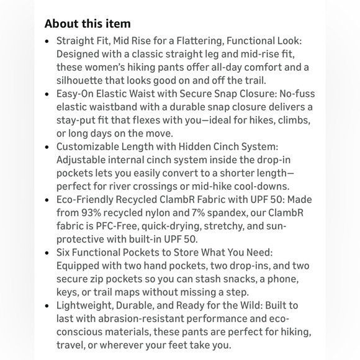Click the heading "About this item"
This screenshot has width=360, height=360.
coord(88,24)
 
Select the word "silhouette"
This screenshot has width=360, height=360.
coord(82,80)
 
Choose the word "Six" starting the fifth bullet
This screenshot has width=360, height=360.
coord(65,253)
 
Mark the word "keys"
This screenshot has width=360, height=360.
coord(68,292)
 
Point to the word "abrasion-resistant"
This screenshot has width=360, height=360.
coord(124,319)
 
